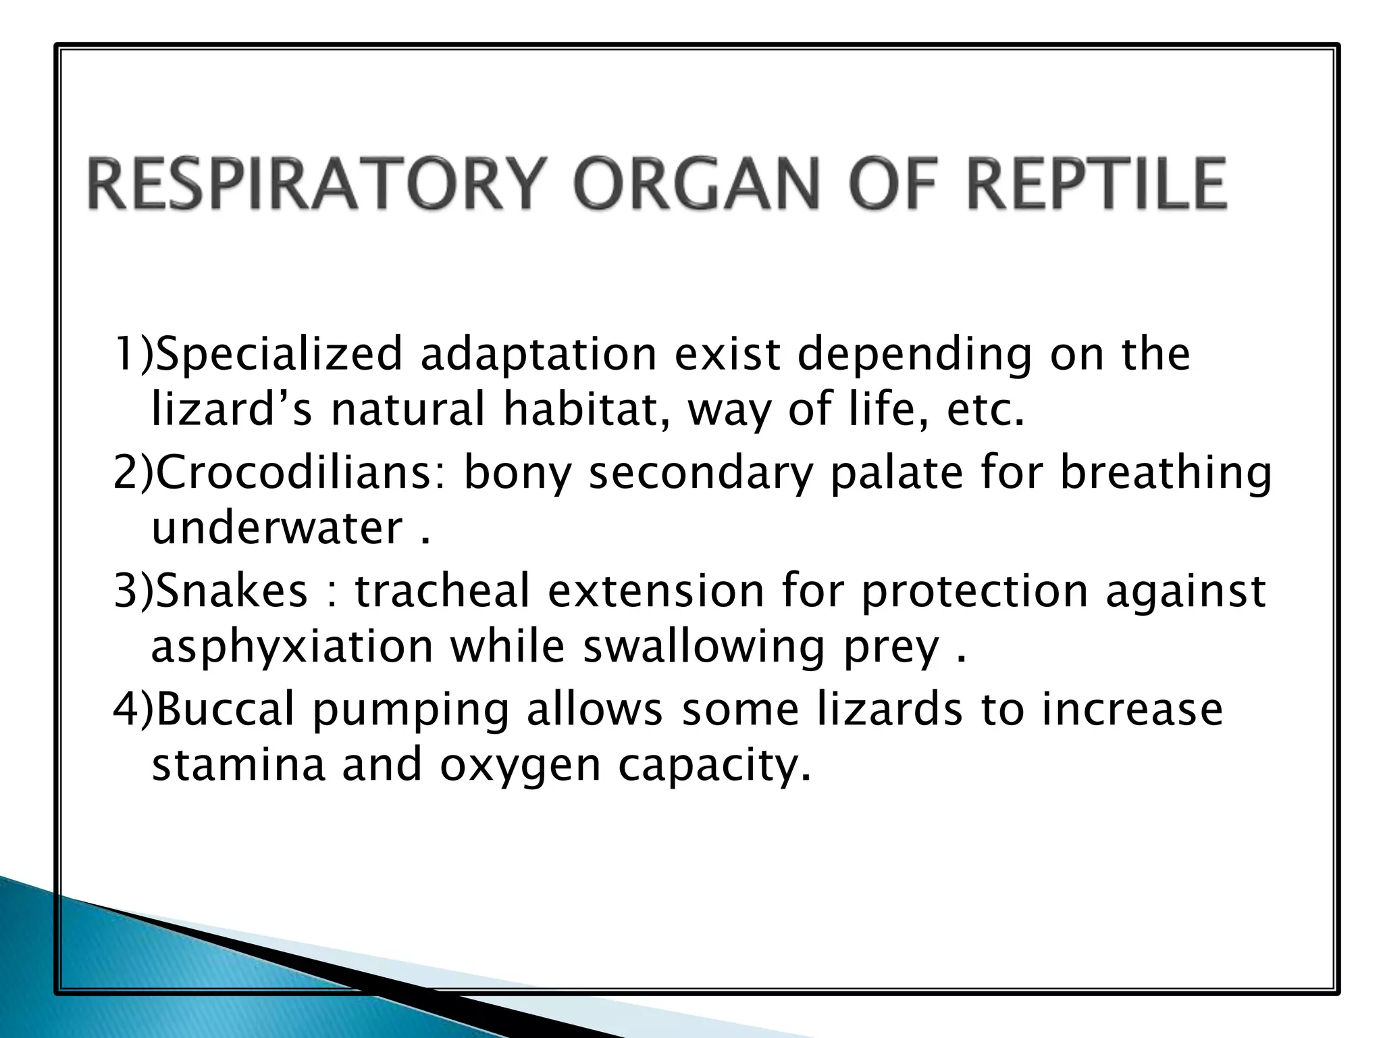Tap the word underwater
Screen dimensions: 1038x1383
[277, 528]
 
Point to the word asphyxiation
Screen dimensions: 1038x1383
[292, 646]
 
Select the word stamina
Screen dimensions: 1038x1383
[238, 765]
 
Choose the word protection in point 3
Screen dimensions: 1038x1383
[974, 590]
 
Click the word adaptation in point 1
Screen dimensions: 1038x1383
[538, 355]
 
